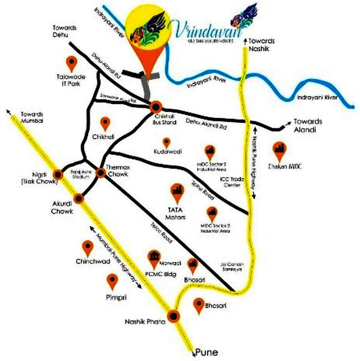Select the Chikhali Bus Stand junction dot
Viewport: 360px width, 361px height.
[157, 106]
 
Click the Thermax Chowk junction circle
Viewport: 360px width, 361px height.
[101, 173]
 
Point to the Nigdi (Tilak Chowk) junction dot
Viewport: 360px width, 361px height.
[58, 174]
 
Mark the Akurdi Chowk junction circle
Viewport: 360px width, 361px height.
[79, 198]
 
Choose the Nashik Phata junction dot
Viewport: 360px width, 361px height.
[174, 316]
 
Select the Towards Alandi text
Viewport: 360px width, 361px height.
[308, 125]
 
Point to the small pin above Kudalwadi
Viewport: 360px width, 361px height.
[166, 142]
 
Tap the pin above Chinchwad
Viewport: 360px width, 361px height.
[88, 248]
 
